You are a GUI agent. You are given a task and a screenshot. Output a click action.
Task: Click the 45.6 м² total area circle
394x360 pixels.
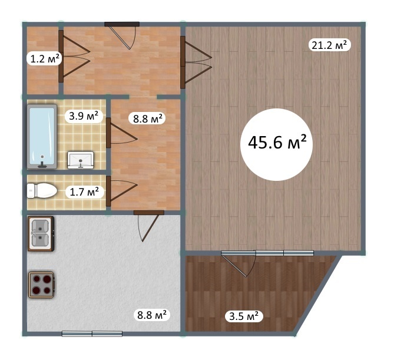[x=276, y=144]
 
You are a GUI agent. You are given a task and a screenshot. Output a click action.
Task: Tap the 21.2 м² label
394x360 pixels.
[x=329, y=45]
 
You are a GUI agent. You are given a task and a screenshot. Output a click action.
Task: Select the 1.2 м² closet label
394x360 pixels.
[x=45, y=59]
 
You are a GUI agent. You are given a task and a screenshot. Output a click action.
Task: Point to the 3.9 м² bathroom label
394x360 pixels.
[x=84, y=116]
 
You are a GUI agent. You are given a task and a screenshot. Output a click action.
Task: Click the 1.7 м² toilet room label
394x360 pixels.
[x=84, y=192]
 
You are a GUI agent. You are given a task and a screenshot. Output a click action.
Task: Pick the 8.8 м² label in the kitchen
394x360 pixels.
[x=152, y=314]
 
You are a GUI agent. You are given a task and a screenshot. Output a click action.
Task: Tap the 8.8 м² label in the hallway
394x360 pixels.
[x=148, y=118]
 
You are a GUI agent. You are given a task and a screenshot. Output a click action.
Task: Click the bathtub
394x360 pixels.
[x=42, y=137]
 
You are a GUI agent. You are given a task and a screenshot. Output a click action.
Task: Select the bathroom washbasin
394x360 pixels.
[x=81, y=160]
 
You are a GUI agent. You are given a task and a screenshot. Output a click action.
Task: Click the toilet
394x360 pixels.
[x=42, y=190]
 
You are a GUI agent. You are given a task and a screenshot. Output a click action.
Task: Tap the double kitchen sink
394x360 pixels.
[x=41, y=233]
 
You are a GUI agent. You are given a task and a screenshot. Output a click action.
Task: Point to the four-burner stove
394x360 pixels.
[x=41, y=285]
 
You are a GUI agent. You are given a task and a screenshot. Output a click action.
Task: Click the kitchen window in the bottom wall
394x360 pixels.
[x=92, y=333]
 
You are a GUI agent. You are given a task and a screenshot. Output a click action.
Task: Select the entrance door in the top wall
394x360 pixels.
[x=122, y=35]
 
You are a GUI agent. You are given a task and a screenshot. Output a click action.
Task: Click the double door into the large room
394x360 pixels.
[x=196, y=62]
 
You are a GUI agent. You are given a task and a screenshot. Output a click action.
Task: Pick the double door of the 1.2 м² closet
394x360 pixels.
[x=74, y=57]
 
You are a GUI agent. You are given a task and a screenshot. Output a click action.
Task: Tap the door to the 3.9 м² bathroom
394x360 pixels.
[x=122, y=133]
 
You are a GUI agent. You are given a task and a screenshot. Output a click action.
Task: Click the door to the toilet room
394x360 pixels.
[x=122, y=191]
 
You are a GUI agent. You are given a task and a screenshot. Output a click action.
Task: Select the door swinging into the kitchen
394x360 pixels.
[x=149, y=226]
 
